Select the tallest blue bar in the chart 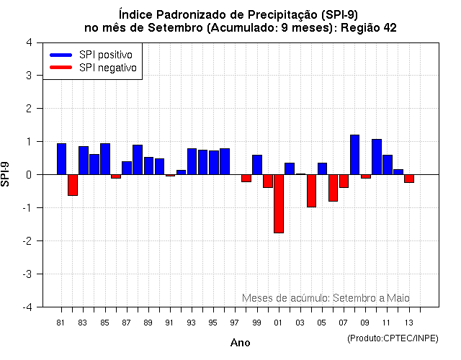click(354, 154)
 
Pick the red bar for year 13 click(408, 179)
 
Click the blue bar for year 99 click(257, 164)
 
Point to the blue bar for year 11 click(387, 164)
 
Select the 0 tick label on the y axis click(28, 174)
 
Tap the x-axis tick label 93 click(192, 322)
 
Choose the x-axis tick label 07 click(343, 322)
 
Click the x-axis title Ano click(240, 343)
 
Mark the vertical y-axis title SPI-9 click(6, 174)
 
